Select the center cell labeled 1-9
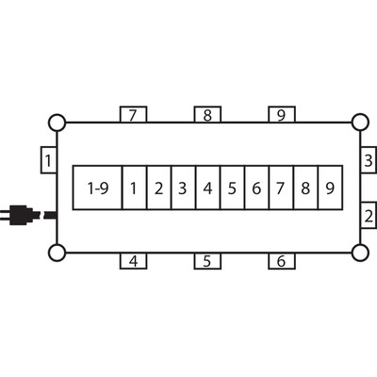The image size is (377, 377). pos(97,188)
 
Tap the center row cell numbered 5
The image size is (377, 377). pos(232,188)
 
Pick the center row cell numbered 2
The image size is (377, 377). pos(159,188)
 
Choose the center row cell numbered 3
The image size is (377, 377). pos(184,188)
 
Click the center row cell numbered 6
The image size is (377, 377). pos(256,188)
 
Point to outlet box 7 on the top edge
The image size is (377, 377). pos(133,115)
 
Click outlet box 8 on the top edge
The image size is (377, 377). pos(207,115)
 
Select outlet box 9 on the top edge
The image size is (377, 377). pos(282,115)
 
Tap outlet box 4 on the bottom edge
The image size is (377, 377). pos(133,261)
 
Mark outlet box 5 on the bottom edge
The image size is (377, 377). pos(207,261)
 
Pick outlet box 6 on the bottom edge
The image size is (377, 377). pos(282,261)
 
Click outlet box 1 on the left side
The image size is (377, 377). pos(49,159)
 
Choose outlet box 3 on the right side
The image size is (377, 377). pos(369,159)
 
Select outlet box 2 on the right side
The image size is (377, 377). pos(369,216)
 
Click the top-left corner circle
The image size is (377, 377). pos(57,123)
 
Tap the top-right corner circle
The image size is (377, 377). pos(360,123)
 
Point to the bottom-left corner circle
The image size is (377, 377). pos(57,253)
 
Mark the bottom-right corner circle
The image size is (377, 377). pos(360,253)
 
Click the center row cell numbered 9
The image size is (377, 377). pos(330,188)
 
